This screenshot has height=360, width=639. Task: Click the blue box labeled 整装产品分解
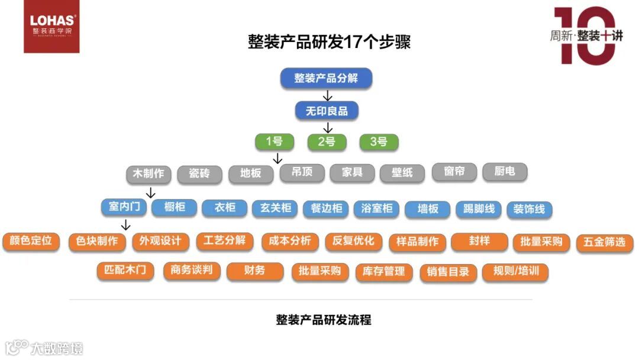326,78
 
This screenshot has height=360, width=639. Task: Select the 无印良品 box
327,111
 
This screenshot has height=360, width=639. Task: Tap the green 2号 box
326,142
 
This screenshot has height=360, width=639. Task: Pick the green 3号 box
379,142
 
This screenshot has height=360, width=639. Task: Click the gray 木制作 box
149,174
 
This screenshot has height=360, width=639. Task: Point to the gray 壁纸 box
402,173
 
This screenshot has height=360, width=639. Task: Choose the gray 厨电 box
505,172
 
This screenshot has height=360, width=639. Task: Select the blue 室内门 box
124,207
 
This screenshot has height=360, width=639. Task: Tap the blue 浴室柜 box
377,208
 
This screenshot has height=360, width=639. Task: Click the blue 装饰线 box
529,209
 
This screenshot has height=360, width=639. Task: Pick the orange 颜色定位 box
31,241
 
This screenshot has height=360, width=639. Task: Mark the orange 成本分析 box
290,241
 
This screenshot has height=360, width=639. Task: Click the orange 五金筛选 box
604,242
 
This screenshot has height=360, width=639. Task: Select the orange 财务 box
255,271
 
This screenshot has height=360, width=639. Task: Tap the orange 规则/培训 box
515,272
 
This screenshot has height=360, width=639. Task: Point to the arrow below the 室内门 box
125,224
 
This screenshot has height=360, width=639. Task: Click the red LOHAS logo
51,27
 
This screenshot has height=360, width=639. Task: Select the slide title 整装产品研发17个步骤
329,42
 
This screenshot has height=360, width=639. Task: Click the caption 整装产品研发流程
324,320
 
